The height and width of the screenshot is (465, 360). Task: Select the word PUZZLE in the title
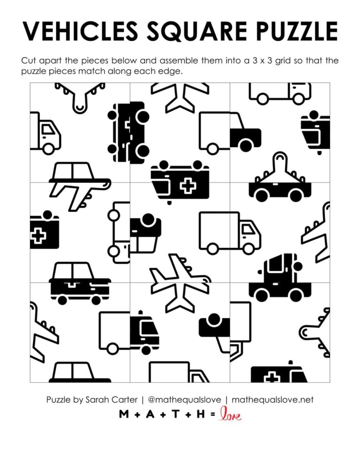[x=299, y=31]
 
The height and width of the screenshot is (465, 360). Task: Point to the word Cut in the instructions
[x=29, y=61]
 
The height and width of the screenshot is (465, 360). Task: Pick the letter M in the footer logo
[x=124, y=414]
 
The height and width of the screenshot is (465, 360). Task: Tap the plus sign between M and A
[x=136, y=414]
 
